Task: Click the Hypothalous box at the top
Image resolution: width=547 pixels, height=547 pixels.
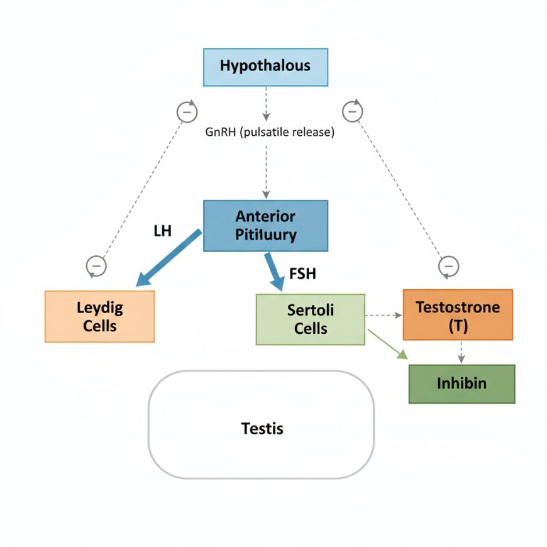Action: pos(265,67)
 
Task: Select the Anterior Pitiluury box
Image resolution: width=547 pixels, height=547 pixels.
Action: pos(265,226)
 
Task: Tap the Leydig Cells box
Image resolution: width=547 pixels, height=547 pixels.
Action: pos(99,316)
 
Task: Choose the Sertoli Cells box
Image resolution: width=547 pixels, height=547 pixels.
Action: pos(310,319)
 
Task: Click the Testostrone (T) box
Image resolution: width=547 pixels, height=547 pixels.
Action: pos(458,314)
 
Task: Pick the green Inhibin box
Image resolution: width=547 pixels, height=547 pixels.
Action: pos(461,384)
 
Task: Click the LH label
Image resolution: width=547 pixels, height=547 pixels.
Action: pos(162,231)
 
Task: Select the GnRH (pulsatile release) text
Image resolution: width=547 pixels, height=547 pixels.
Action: pos(270,133)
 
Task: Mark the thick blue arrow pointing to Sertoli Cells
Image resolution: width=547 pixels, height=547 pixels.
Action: pos(275,271)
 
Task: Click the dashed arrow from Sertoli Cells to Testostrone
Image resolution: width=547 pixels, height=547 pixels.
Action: pos(383,314)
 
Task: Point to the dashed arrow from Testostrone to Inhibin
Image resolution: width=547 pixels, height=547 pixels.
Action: pos(461,351)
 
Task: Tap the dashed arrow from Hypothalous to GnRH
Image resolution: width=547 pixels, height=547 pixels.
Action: pos(266,104)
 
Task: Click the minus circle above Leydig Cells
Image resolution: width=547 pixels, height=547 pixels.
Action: pos(96,266)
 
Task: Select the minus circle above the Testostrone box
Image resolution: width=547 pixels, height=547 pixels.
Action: pos(448,267)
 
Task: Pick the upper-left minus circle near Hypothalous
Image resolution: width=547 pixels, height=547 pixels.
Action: pos(186,112)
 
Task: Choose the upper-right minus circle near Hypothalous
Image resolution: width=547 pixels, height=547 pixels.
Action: pos(353,111)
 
